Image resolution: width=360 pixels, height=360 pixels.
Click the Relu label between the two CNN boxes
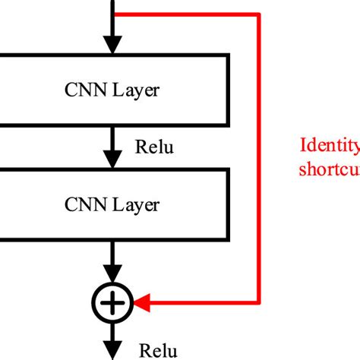(x=155, y=147)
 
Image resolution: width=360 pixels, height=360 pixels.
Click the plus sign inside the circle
(x=113, y=302)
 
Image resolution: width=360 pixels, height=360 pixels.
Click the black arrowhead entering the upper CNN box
(x=113, y=45)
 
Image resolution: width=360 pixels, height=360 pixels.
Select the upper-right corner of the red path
(x=260, y=15)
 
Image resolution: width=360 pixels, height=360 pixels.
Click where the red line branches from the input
(x=114, y=15)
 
